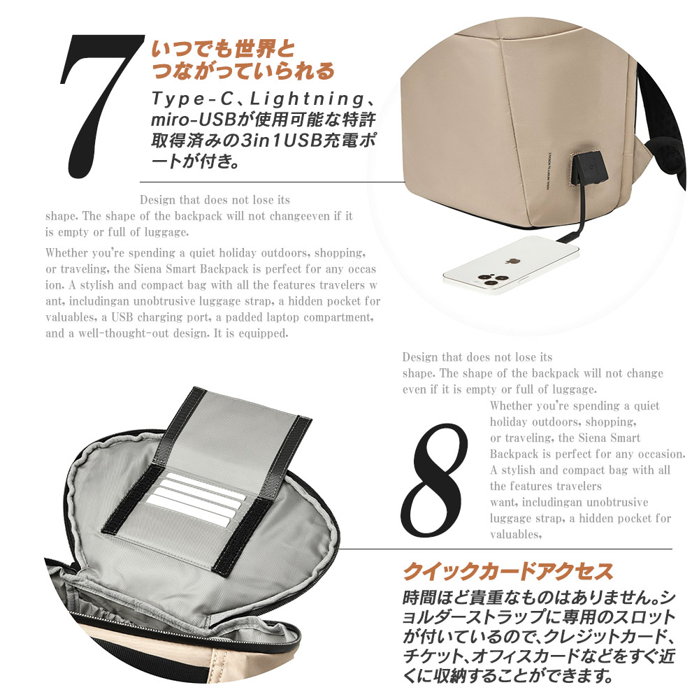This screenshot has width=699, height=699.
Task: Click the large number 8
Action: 435,480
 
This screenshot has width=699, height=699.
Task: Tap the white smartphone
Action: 511,266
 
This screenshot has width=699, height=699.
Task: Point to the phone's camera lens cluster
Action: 486,281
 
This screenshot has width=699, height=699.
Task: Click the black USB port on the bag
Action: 588,168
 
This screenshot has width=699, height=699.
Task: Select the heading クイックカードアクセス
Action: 508,572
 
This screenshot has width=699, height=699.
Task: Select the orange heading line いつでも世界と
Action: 223,49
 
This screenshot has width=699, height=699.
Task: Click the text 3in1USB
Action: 281,140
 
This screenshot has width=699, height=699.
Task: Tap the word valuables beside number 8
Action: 515,535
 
